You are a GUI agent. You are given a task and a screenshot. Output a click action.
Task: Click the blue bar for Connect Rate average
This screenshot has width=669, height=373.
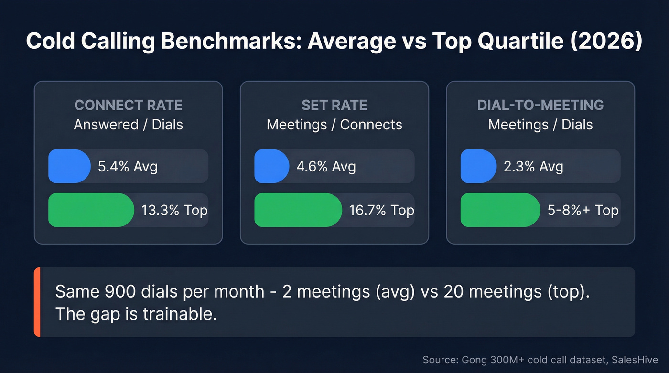(x=69, y=166)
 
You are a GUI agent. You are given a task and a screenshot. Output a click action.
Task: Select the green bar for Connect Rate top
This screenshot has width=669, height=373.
(x=91, y=210)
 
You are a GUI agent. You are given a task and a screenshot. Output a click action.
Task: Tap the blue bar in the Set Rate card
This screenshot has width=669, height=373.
(x=271, y=166)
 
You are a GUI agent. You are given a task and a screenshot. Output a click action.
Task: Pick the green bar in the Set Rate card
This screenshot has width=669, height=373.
(x=298, y=210)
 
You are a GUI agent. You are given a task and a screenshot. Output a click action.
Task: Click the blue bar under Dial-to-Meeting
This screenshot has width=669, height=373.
(x=478, y=166)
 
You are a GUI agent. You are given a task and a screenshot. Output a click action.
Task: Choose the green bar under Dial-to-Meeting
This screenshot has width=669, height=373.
(x=500, y=210)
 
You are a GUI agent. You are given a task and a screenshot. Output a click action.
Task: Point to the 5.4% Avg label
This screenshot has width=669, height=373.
(x=128, y=167)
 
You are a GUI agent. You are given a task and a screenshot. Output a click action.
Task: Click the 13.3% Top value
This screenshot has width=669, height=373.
(x=174, y=211)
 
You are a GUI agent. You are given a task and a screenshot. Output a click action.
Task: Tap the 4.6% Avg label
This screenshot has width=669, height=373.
(x=326, y=167)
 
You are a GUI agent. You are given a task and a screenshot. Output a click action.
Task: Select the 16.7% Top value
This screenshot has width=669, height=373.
(x=381, y=211)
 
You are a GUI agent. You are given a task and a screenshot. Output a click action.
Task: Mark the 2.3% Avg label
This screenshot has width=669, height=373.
(x=533, y=167)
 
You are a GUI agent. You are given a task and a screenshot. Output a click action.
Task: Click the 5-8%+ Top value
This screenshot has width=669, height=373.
(x=583, y=211)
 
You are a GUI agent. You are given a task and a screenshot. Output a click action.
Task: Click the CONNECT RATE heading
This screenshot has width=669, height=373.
(x=129, y=105)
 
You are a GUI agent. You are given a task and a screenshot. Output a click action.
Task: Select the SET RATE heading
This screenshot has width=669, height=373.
(x=334, y=105)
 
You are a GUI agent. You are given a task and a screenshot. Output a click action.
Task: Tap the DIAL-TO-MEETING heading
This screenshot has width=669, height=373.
(x=540, y=105)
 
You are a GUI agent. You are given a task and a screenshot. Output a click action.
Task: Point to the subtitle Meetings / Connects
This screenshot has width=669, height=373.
(x=334, y=125)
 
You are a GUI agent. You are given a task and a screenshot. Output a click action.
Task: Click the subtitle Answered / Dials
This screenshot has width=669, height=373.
(x=129, y=125)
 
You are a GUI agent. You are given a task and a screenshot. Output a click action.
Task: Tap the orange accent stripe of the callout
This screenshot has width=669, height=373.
(x=37, y=302)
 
